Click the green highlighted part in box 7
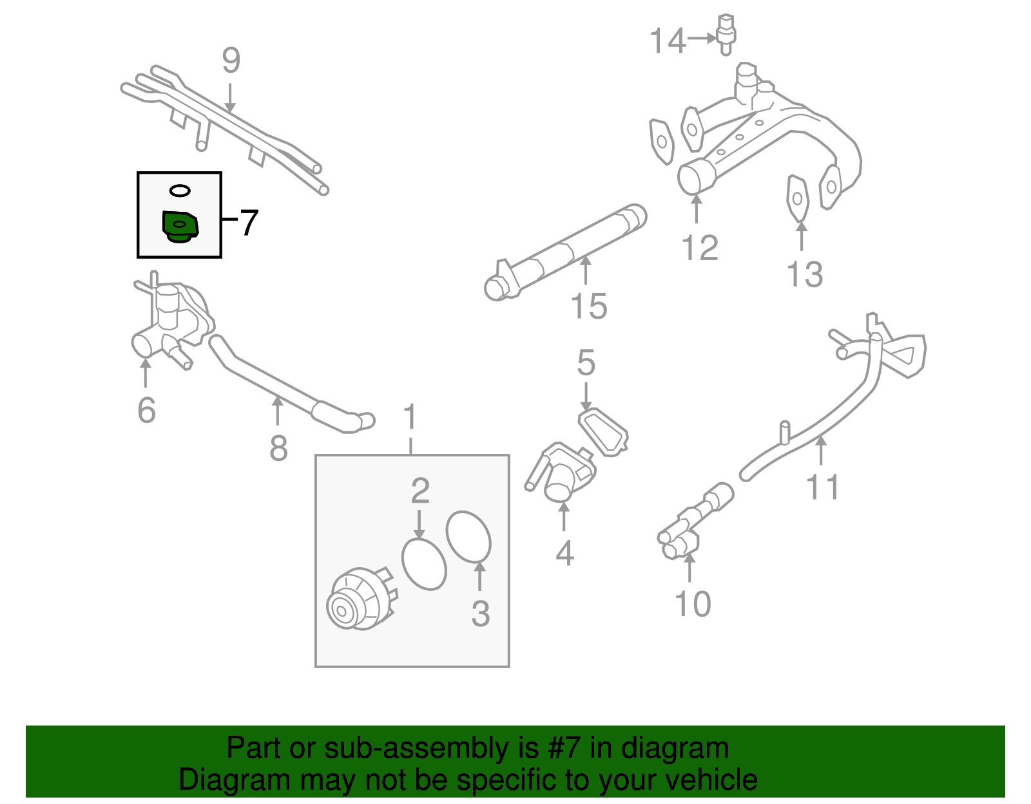[180, 227]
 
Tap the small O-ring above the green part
[180, 191]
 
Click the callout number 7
[248, 223]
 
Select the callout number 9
[231, 61]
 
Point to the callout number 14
[668, 41]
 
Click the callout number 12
[700, 248]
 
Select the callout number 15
[589, 306]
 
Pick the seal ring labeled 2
[424, 564]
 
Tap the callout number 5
[586, 364]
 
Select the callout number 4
[564, 553]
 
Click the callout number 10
[693, 604]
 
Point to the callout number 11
[823, 487]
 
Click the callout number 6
[146, 410]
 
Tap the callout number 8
[278, 449]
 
